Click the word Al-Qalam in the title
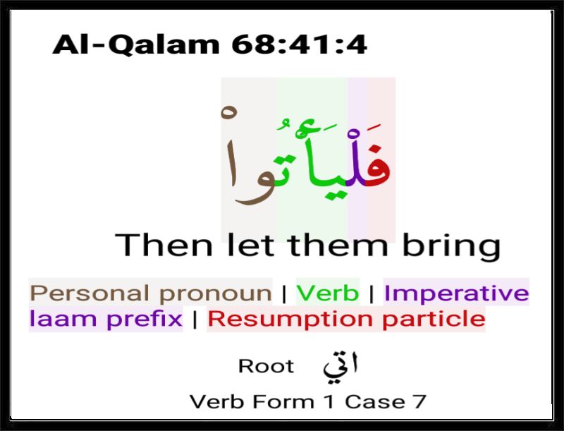[136, 45]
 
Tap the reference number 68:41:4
[299, 44]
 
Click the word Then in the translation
[164, 245]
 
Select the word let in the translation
[250, 245]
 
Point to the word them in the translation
[338, 245]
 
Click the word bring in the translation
[451, 247]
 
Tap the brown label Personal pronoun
[151, 293]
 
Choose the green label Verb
[328, 293]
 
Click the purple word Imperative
[456, 293]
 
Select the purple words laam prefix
[106, 319]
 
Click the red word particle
[434, 319]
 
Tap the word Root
[266, 367]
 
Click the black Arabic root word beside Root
[341, 368]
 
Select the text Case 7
[386, 401]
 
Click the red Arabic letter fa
[379, 166]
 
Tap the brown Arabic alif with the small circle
[231, 151]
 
